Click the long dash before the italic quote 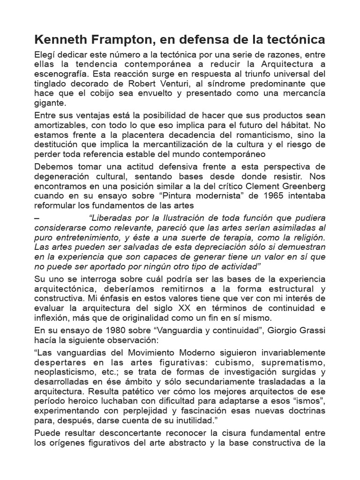pos(37,218)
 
